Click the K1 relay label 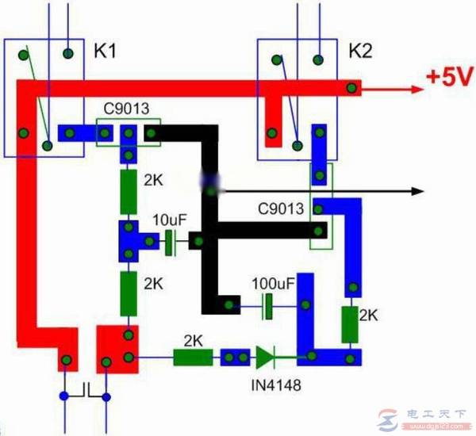106,52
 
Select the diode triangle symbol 265,358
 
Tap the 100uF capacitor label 272,282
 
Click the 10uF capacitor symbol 170,242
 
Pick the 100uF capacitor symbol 267,304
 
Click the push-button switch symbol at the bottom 86,391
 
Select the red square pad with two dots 117,347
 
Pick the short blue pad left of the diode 235,358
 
